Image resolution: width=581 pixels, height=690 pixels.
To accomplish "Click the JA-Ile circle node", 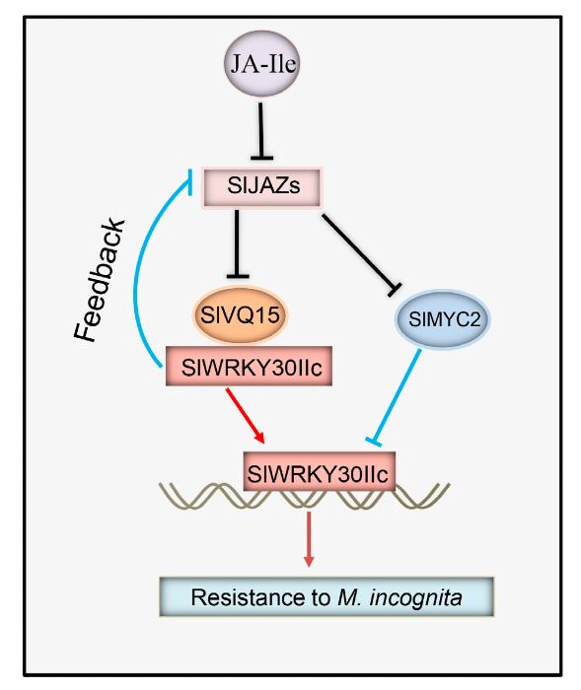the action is (262, 63).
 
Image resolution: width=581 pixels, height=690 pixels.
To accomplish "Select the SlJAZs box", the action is (262, 187).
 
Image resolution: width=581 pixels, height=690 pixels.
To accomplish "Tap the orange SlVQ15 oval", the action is (240, 315).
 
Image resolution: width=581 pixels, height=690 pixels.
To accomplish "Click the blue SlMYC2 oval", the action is (443, 319).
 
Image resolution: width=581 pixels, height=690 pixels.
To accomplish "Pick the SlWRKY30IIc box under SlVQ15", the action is (249, 366).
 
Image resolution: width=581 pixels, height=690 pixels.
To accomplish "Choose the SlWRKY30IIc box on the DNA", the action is (319, 471).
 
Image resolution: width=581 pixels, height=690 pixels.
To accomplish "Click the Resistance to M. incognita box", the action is (327, 596).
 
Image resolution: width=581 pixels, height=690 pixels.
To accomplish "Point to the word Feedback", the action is (100, 280).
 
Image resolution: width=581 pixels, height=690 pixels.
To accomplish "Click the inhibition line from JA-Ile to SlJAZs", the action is (261, 131).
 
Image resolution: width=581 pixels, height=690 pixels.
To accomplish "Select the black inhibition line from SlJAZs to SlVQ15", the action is (238, 243).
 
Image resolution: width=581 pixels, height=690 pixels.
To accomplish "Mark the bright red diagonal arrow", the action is (245, 415).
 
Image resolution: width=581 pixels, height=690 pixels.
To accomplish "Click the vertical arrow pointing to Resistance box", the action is (309, 539).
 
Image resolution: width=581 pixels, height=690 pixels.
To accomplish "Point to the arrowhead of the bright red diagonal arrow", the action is (259, 437).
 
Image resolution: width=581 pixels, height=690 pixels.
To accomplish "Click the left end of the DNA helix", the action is (161, 485).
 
